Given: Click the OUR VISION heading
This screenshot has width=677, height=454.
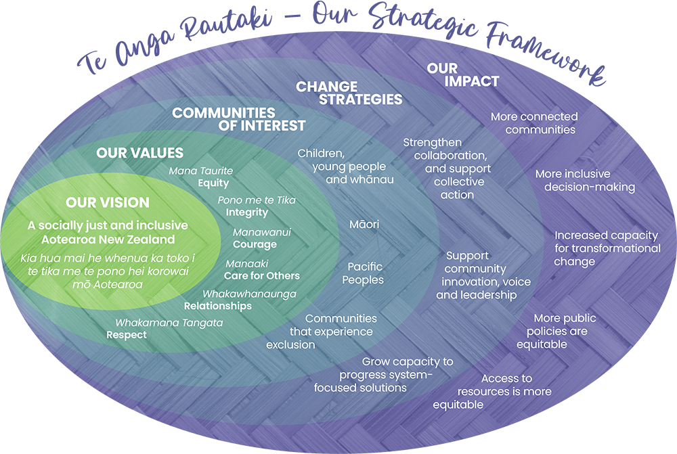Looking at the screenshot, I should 108,202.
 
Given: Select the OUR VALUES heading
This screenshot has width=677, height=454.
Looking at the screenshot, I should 139,153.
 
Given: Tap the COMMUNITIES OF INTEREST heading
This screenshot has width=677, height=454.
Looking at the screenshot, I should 238,119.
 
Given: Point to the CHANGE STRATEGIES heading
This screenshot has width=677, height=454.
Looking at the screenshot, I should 349,93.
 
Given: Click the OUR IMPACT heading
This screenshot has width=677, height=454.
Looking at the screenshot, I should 462,74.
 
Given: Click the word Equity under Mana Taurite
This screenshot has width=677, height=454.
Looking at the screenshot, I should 213,183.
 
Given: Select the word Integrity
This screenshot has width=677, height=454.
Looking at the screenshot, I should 247,212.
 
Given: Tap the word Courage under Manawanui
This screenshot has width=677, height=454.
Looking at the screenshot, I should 255,244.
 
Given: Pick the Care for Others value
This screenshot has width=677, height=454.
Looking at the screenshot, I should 262,275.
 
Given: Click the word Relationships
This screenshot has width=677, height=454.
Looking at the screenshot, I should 218,306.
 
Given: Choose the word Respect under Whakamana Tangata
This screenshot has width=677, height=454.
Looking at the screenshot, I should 127,335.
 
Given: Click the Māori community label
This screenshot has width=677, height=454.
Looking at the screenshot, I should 364,224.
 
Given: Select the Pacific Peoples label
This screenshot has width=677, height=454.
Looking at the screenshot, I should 363,273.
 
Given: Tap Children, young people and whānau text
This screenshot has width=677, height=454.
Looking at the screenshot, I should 345,166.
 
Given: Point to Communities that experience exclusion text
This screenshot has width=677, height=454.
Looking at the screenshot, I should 322,332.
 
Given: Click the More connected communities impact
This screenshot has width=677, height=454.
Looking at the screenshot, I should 534,123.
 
